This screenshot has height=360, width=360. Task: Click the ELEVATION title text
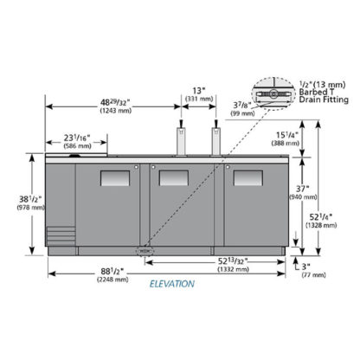pos(172,284)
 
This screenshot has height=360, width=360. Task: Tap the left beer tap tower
pos(181,138)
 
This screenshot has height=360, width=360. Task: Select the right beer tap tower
pos(216,138)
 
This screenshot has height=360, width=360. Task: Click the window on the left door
pos(115,178)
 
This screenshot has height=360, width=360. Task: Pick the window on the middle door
pos(174,177)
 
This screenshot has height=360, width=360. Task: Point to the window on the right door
pos(248,178)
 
